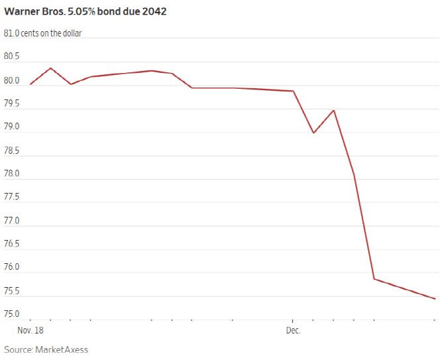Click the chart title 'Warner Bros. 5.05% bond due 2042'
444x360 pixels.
click(x=90, y=12)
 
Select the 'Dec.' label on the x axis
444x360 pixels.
click(x=293, y=330)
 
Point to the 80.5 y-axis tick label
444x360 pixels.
click(x=13, y=57)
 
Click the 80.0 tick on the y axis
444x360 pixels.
click(x=13, y=80)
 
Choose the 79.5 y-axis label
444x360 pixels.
click(x=13, y=103)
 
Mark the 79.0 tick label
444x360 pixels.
click(x=13, y=127)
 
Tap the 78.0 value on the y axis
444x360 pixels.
click(x=13, y=174)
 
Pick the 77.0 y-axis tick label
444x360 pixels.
click(x=13, y=220)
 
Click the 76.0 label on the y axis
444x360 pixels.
click(x=13, y=267)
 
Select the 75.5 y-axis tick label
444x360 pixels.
click(x=13, y=290)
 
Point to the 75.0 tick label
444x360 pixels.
click(x=13, y=314)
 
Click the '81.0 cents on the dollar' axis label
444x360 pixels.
click(x=43, y=33)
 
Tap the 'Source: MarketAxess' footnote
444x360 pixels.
click(x=46, y=349)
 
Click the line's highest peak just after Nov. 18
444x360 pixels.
click(x=51, y=68)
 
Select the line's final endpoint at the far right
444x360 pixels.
click(x=435, y=299)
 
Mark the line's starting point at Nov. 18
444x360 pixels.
click(x=30, y=84)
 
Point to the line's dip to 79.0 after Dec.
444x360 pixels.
click(x=313, y=133)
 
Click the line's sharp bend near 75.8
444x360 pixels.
click(x=374, y=278)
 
